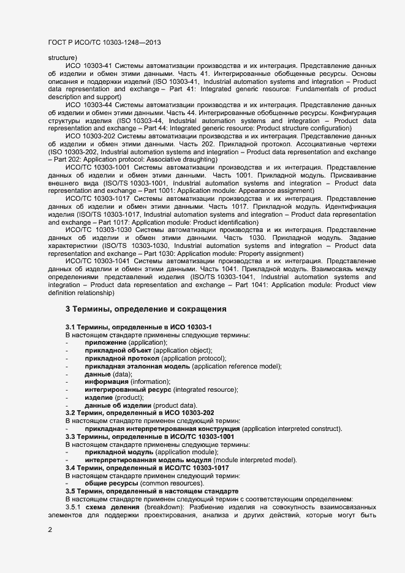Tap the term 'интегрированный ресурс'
[128, 390]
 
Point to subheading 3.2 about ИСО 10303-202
[140, 413]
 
